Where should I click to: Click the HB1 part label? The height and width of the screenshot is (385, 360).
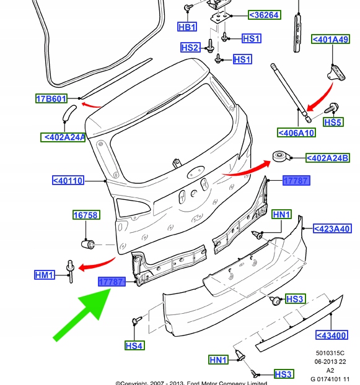[x=187, y=27]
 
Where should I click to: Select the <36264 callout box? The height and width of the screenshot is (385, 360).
[x=265, y=15]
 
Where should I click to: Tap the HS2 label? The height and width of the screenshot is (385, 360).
[x=190, y=48]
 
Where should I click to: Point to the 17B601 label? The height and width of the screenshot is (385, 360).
[x=51, y=98]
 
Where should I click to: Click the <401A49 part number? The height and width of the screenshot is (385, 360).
[x=330, y=39]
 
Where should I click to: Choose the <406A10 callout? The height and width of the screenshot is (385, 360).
[x=296, y=132]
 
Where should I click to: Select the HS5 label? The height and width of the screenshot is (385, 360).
[x=333, y=122]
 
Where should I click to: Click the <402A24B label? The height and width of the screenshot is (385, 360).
[x=328, y=158]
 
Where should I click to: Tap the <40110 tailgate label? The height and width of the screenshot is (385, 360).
[x=68, y=181]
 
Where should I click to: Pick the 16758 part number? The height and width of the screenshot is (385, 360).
[x=86, y=215]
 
